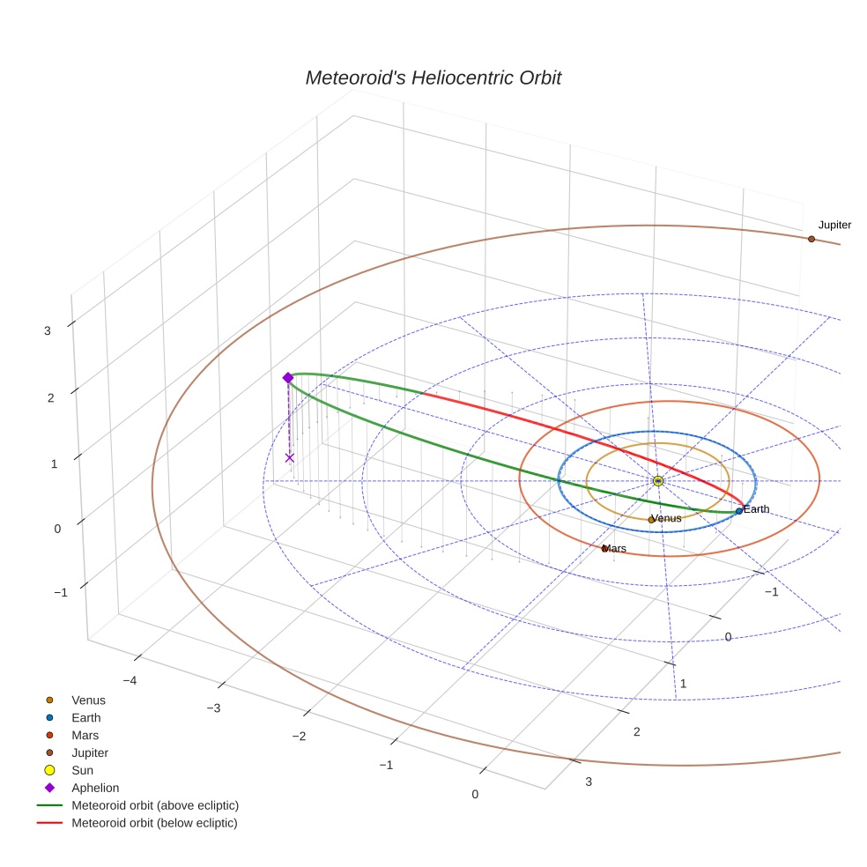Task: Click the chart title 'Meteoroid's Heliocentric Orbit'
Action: (433, 78)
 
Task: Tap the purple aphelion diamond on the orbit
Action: (287, 378)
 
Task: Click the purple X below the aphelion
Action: (289, 457)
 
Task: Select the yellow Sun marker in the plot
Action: (657, 480)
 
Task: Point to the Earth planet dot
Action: (738, 511)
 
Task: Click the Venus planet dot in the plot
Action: (651, 520)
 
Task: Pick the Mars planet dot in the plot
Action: (604, 549)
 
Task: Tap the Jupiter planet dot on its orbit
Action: (811, 239)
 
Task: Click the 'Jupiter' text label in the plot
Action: (834, 226)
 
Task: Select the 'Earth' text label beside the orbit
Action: (757, 509)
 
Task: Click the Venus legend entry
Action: (88, 700)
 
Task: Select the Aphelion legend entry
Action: (95, 789)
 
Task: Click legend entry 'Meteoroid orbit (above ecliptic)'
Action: (155, 806)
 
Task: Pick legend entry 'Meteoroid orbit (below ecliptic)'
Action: (154, 824)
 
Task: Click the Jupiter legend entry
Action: (90, 753)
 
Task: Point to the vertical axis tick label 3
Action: (48, 331)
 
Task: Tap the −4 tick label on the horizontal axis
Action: (129, 680)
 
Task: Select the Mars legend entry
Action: (85, 736)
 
